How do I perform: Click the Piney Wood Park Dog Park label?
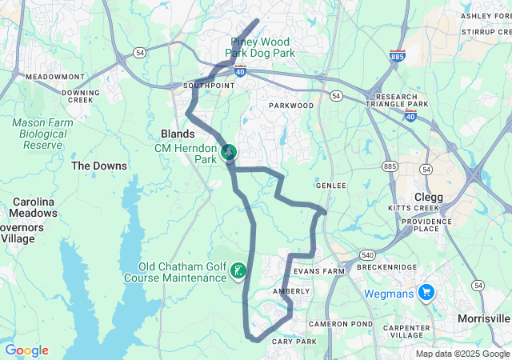(x=260, y=47)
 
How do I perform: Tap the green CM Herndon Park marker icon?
(x=229, y=150)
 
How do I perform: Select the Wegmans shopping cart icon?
(x=426, y=294)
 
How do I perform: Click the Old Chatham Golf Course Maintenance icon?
(x=238, y=272)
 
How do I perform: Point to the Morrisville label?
(x=483, y=318)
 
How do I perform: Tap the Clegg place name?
(x=428, y=197)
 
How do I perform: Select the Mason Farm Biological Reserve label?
(x=42, y=134)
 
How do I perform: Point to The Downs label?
(x=99, y=166)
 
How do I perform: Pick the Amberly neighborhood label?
(x=291, y=291)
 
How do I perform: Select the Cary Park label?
(x=295, y=342)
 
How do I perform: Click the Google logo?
(x=26, y=350)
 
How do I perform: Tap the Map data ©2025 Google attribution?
(x=462, y=354)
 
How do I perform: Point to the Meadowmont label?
(x=54, y=77)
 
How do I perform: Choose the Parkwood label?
(x=291, y=106)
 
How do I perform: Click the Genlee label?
(x=330, y=186)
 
